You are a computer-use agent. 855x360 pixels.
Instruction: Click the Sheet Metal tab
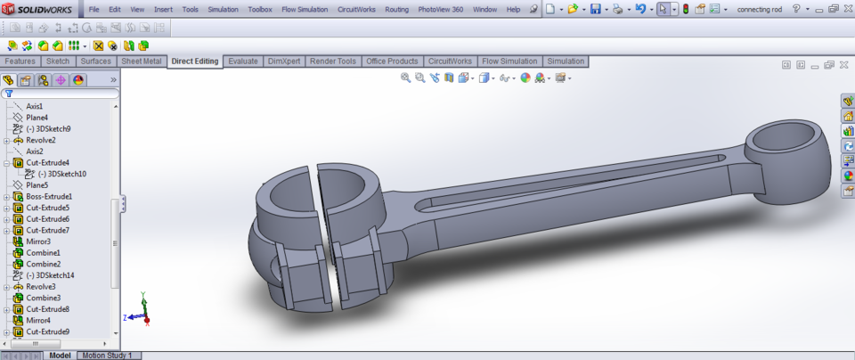pos(142,61)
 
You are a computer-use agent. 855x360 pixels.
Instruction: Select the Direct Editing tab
pos(195,61)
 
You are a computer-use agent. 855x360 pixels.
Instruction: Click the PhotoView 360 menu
pos(439,9)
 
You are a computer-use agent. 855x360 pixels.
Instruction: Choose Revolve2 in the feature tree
pos(40,140)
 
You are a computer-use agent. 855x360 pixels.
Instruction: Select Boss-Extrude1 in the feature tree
pos(49,196)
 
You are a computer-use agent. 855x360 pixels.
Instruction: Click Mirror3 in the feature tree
pos(37,241)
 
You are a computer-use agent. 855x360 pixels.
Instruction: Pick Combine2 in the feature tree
pos(43,264)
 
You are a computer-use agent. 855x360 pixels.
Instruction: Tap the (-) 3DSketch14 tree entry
pos(49,275)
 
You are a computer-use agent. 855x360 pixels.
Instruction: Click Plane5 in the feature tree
pos(37,185)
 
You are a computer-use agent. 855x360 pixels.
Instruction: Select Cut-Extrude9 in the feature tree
pos(47,331)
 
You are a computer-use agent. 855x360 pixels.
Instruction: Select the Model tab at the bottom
pos(60,355)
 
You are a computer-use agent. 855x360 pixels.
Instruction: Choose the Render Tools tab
pos(335,61)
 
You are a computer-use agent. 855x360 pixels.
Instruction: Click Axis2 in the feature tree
pos(34,151)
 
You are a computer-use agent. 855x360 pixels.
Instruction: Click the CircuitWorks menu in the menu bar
pos(356,9)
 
